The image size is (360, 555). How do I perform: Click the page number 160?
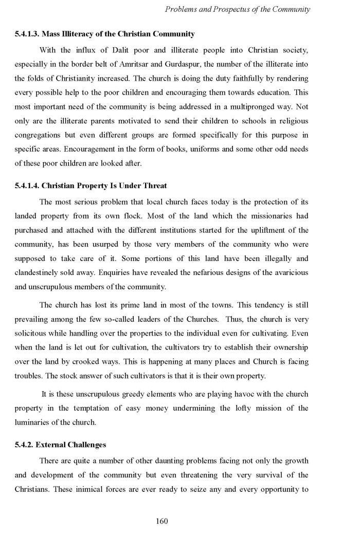click(x=161, y=521)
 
